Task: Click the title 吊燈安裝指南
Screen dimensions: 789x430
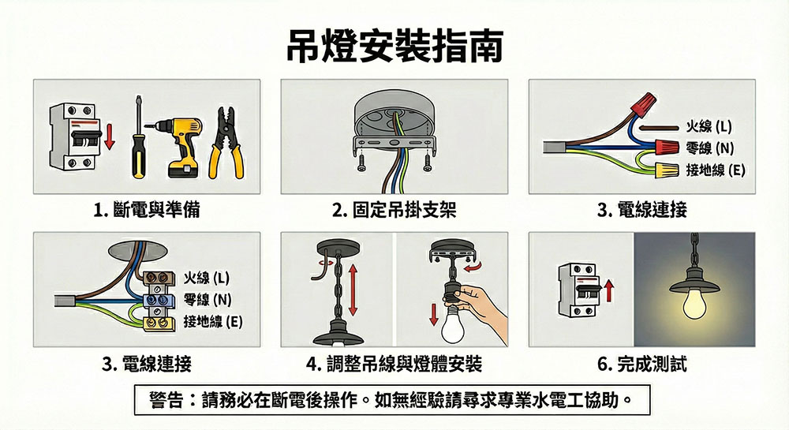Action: click(395, 47)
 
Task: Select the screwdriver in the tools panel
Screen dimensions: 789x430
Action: click(138, 137)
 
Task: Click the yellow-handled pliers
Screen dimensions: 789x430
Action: click(226, 143)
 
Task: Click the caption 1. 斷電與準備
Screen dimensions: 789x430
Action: click(147, 210)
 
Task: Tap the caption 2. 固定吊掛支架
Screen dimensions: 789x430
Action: click(394, 210)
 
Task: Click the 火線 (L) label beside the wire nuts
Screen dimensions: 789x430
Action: click(709, 126)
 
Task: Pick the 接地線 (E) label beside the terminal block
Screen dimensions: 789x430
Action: click(213, 321)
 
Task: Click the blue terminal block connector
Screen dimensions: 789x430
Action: click(159, 301)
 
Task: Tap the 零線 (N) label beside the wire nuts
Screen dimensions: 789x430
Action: click(710, 148)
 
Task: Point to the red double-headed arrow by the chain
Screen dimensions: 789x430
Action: click(353, 290)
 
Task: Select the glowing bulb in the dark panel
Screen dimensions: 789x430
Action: click(694, 305)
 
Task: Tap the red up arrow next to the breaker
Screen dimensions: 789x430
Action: click(609, 291)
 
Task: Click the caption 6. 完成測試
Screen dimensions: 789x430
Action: click(642, 364)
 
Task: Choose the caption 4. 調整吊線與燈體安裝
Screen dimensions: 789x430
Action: click(394, 364)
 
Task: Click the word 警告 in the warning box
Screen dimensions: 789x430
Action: click(166, 400)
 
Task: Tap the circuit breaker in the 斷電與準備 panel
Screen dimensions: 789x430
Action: click(73, 136)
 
